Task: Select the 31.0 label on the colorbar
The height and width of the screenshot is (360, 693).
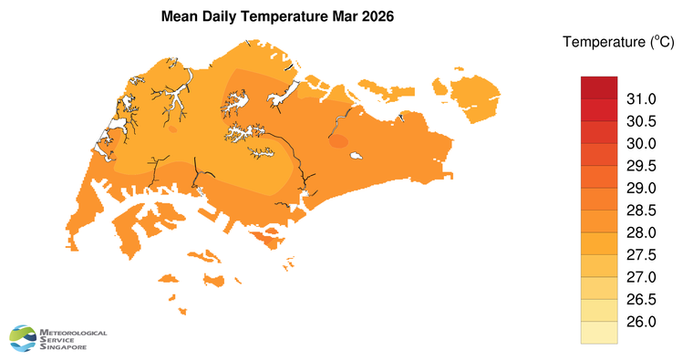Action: (641, 98)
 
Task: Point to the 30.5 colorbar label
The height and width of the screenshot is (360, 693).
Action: (641, 121)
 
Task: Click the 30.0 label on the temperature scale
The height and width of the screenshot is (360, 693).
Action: (641, 143)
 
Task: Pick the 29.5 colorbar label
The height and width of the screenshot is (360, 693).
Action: (641, 166)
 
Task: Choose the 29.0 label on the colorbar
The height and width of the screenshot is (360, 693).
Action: (641, 188)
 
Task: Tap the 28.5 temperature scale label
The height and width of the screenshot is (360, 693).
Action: (641, 211)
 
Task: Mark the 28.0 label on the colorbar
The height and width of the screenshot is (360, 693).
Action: (641, 232)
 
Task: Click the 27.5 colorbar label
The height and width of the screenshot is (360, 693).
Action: (641, 255)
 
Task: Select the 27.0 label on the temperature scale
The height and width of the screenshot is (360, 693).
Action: (641, 277)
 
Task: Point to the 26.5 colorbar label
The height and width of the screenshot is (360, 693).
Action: (641, 300)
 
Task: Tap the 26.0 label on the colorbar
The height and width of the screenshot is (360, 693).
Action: (641, 322)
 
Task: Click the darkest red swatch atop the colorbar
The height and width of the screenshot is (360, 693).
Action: (599, 87)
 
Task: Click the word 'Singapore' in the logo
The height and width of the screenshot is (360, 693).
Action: (64, 347)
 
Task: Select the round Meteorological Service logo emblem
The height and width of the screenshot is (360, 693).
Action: (23, 338)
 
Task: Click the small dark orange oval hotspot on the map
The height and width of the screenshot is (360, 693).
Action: (338, 141)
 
